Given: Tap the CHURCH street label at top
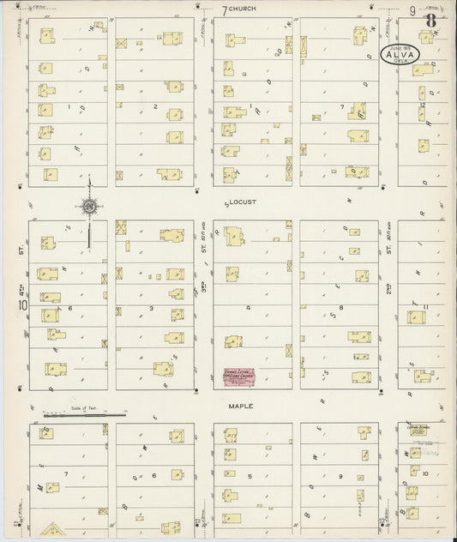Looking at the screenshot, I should [x=248, y=9].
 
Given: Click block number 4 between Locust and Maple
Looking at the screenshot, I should [x=250, y=306].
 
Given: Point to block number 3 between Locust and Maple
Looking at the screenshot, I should [x=151, y=306].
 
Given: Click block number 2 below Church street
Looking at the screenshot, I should [x=155, y=106].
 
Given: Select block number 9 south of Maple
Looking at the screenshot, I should [x=340, y=475].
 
